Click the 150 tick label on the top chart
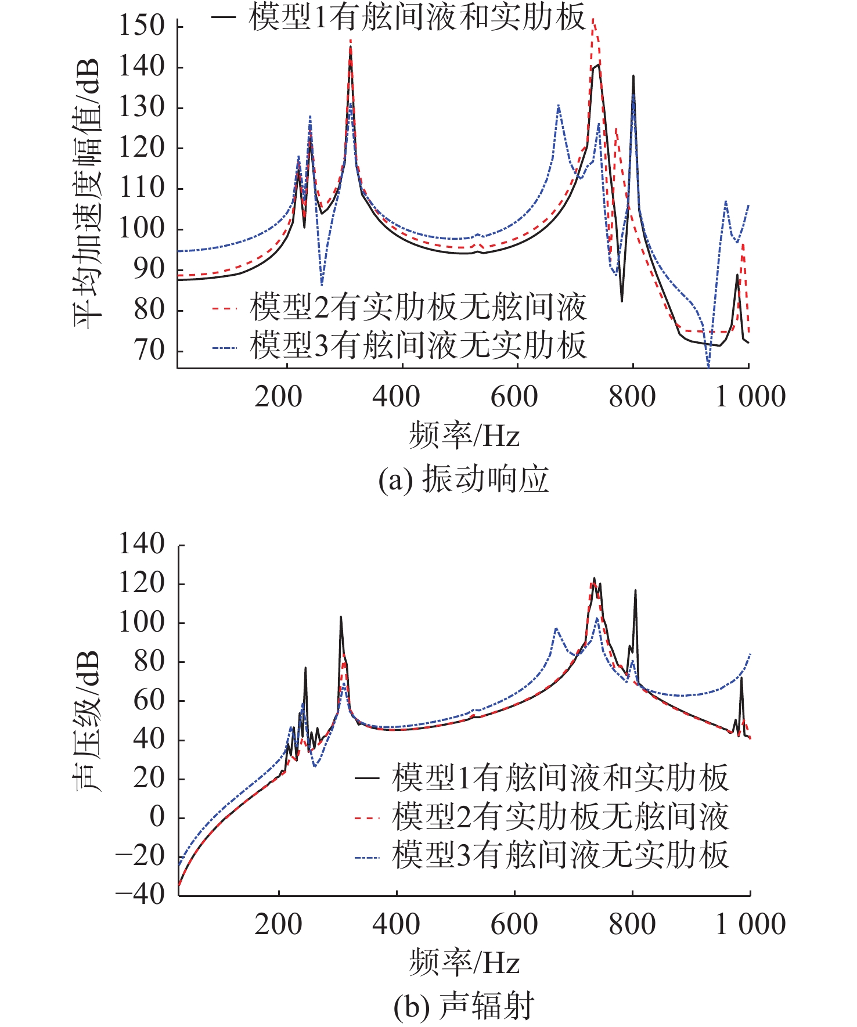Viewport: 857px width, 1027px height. point(142,26)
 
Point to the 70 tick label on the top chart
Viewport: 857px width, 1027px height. point(149,351)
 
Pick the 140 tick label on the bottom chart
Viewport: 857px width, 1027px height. point(142,545)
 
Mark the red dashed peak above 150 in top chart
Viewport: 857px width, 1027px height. point(593,20)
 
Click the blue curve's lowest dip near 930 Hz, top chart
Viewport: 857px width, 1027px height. point(708,366)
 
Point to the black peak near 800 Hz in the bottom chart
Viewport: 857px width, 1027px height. point(635,591)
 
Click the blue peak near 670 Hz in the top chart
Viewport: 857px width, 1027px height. point(558,106)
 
